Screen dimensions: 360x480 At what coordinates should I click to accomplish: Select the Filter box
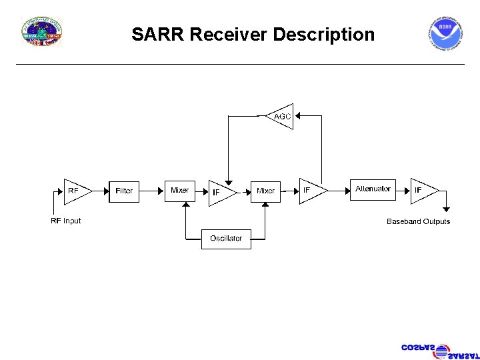tap(124, 191)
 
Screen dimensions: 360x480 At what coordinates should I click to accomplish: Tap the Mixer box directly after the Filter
tap(180, 191)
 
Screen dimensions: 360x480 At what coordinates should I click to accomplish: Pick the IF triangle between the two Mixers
tap(220, 192)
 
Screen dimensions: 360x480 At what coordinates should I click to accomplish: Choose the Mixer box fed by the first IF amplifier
tap(266, 191)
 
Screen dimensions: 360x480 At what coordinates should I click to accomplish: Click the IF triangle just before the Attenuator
tap(310, 191)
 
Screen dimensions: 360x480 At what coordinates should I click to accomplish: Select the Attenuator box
tap(373, 189)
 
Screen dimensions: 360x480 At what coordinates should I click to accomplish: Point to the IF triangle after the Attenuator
tap(421, 191)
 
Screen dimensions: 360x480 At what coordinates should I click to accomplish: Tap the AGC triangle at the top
tap(281, 117)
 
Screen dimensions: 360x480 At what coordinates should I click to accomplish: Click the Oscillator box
tap(226, 238)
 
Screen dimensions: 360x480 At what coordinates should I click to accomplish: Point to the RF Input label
tap(66, 221)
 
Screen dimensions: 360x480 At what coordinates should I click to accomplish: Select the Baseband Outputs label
tap(418, 221)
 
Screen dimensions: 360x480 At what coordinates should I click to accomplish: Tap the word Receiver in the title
tap(229, 34)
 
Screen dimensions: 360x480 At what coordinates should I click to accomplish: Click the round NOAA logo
tap(445, 35)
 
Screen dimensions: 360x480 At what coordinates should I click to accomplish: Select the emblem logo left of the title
tap(42, 33)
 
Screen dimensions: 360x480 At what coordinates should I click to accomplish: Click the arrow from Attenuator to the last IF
tap(401, 191)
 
